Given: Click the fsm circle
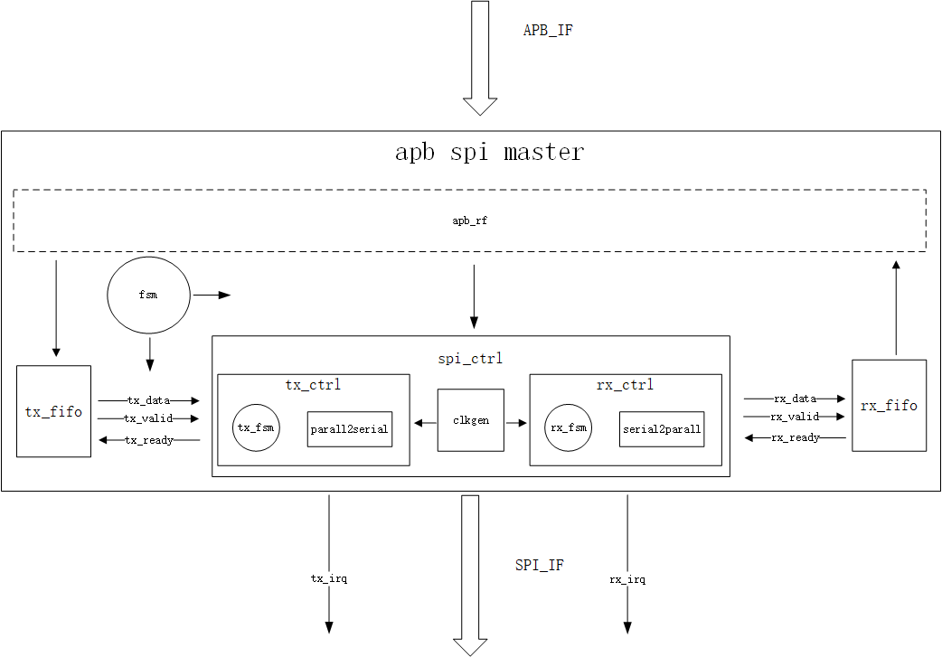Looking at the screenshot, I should pos(149,296).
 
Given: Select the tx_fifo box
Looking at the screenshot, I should pos(54,411).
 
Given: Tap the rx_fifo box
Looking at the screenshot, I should pos(889,406).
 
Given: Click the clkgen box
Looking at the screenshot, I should pos(470,420).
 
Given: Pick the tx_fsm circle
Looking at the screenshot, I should pos(256,427).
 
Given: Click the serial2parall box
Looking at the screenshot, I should pos(662,429).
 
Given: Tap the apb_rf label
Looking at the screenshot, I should pos(470,220).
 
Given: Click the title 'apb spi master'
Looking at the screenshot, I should pos(489,152).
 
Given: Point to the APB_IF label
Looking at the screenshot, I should pos(548,31).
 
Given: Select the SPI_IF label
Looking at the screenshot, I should pos(540,565).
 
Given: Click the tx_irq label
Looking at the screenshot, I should pos(328,578).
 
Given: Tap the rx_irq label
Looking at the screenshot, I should pos(627,578).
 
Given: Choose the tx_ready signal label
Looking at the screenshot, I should pos(149,440).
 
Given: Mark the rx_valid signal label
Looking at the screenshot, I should pos(795,417).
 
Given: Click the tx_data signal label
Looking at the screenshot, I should pos(149,399).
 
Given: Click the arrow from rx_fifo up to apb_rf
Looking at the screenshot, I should pos(896,307).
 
